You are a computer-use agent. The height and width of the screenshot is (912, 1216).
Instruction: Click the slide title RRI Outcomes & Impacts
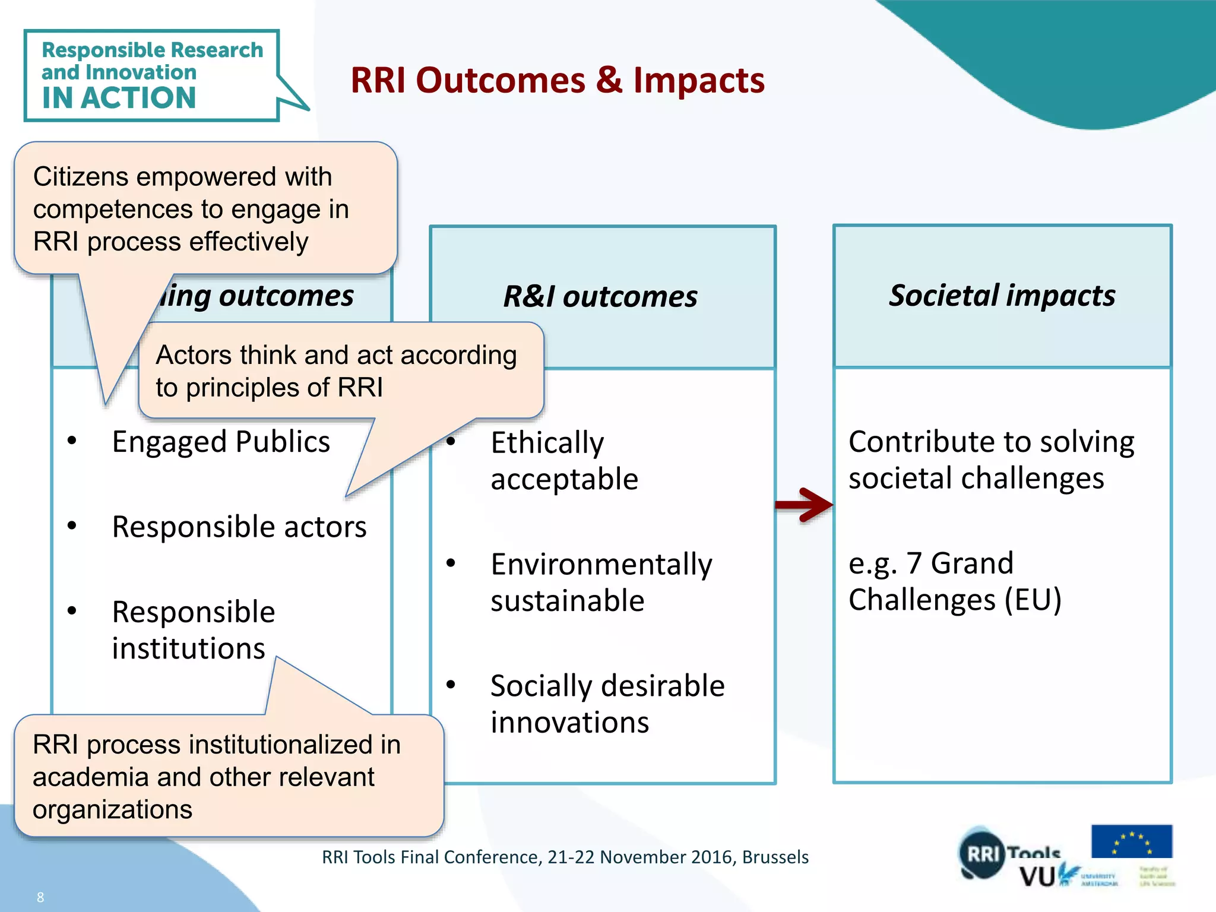click(557, 80)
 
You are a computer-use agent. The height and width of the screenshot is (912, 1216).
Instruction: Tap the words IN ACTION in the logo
click(119, 98)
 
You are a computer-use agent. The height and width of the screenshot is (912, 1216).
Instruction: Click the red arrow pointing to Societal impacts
click(805, 505)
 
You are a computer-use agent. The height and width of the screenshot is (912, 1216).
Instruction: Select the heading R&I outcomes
click(600, 296)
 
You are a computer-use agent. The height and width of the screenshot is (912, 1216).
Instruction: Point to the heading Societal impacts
click(1002, 295)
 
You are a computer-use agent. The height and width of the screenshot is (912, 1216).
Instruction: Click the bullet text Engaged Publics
click(221, 442)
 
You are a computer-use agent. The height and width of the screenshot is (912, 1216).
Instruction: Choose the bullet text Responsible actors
click(239, 527)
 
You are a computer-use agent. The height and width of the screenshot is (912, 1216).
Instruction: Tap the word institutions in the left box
click(188, 648)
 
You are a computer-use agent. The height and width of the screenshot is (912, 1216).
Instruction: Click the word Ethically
click(547, 443)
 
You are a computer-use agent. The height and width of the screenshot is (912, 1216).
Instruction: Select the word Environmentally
click(601, 565)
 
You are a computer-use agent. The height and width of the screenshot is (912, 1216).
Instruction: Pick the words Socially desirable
click(607, 686)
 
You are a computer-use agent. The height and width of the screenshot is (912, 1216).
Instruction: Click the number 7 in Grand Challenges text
click(914, 563)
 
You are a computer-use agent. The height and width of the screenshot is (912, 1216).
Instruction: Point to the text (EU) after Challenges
click(1033, 600)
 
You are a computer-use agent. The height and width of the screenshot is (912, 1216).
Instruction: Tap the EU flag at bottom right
click(1131, 841)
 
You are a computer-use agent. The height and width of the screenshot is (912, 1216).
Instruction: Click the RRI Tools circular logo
click(983, 854)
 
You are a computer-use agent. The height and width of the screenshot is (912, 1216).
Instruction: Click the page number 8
click(40, 897)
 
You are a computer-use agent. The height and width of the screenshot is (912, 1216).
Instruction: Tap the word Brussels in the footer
click(775, 857)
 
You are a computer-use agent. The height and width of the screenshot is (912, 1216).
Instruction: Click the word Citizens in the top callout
click(81, 177)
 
